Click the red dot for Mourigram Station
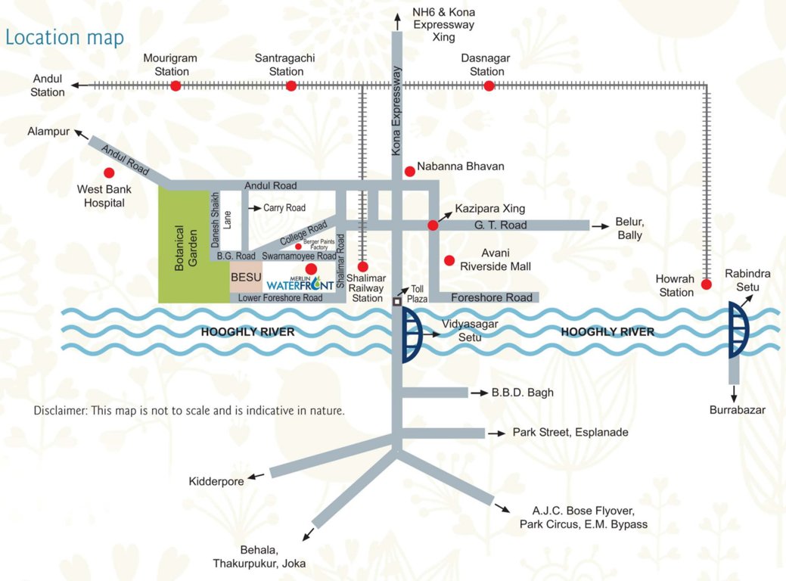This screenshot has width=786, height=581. coord(176,85)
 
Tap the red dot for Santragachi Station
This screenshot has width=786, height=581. coord(291,85)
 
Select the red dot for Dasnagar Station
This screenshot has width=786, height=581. coord(489,85)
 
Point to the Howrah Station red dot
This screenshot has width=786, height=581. coord(706,284)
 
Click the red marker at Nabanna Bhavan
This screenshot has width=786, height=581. coord(409,172)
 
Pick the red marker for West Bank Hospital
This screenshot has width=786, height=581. coord(110,172)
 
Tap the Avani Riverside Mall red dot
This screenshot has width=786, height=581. coord(449,260)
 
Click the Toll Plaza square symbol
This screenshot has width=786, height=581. coord(397,302)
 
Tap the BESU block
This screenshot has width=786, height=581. coord(246,278)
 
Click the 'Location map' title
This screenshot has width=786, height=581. coord(64,37)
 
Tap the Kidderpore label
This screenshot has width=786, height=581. coord(216,481)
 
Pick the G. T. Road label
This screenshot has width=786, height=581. coord(501,225)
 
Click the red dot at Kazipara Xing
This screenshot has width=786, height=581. coord(433,225)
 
